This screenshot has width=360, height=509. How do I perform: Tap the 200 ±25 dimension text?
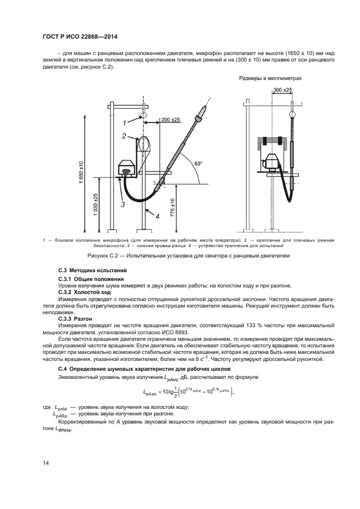coord(170,119)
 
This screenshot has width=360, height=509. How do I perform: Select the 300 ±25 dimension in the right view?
coord(283,89)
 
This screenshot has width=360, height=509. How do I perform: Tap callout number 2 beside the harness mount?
coord(125,136)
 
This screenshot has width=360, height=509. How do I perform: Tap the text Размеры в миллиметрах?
coord(271,78)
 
